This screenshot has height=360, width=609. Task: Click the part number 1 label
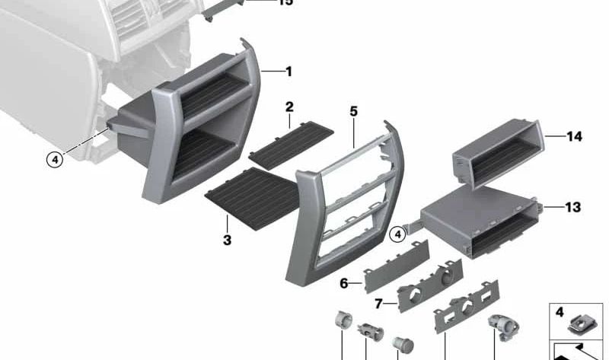[289, 72]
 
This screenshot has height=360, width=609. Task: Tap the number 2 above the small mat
[289, 107]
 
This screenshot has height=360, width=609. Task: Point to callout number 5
[353, 112]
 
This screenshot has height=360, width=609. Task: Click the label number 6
[344, 283]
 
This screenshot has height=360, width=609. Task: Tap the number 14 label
[574, 137]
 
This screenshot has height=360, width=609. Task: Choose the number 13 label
[572, 207]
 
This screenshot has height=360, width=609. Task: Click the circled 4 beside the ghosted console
[53, 160]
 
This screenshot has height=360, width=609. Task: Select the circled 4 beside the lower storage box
[397, 235]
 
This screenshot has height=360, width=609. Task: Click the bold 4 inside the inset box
[560, 312]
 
